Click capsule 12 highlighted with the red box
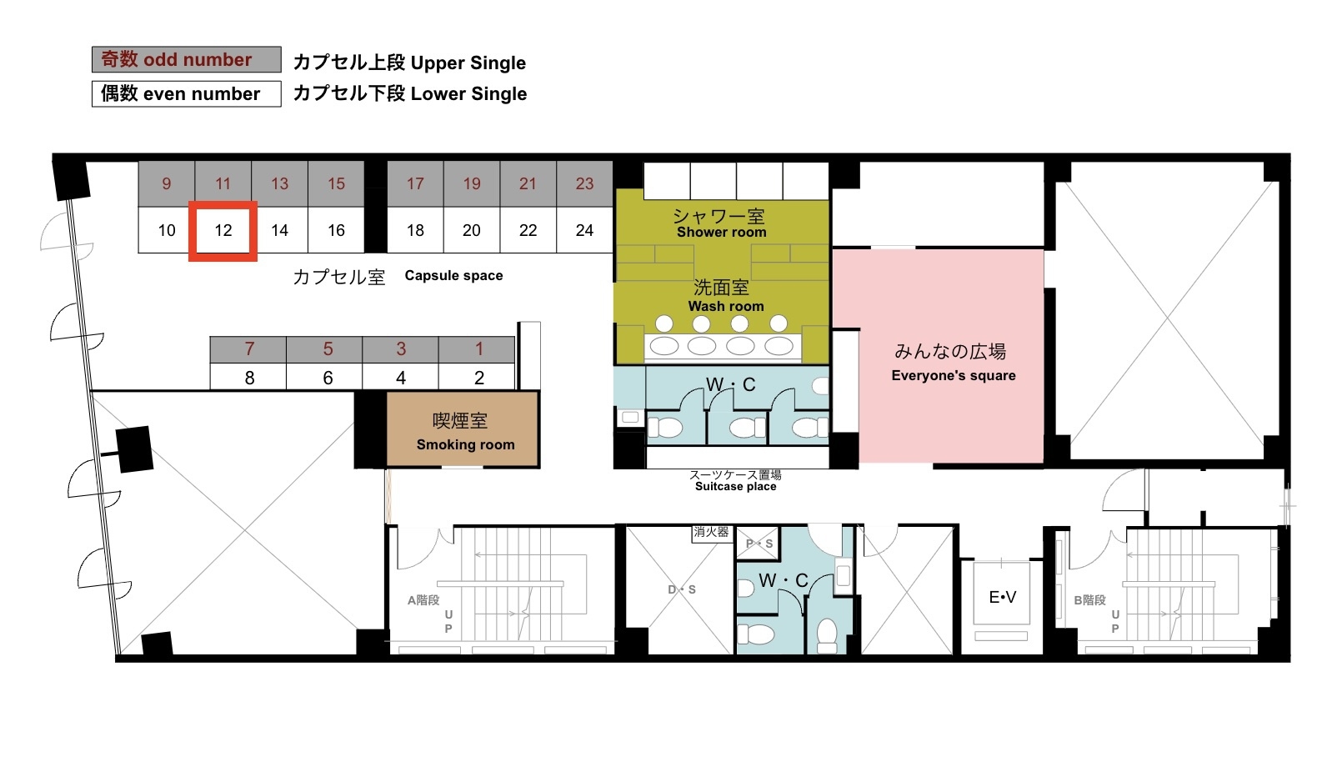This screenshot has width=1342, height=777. coord(223,231)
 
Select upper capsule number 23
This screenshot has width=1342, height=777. coord(584,183)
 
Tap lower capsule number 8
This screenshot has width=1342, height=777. coord(248,378)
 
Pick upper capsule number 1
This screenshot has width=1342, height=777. coord(478,349)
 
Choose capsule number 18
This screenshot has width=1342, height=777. coord(415,230)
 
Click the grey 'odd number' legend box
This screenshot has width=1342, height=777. coord(187,59)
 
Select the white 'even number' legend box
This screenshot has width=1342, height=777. coord(187,93)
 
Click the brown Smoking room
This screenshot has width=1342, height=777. coord(462,429)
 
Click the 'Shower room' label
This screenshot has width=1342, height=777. coord(721,233)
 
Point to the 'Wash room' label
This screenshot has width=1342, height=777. coord(725,306)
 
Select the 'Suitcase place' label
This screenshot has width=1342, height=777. coord(735,486)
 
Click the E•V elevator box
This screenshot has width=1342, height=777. coord(1002,596)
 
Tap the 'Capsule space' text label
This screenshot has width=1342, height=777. coord(453,276)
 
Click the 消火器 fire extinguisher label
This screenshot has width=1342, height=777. coord(711,532)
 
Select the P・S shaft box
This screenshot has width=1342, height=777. coord(758,544)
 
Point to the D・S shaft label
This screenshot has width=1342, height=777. coord(681,589)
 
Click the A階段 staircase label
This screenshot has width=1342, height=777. coord(423,599)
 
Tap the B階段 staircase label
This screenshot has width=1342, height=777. coord(1089,599)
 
